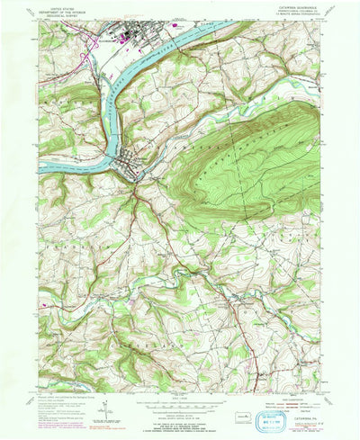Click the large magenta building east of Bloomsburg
pos(172,28)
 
